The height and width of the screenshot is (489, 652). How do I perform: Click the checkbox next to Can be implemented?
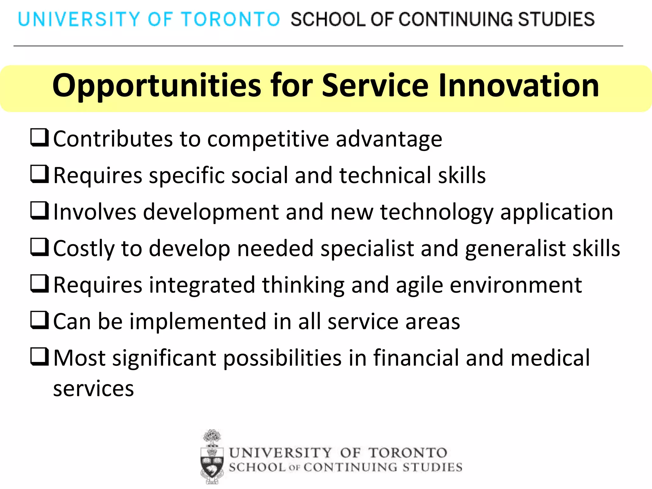(x=40, y=320)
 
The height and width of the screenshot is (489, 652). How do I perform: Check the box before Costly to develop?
(x=40, y=247)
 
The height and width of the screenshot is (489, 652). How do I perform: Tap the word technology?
(x=436, y=212)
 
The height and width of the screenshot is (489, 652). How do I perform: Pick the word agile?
(x=419, y=285)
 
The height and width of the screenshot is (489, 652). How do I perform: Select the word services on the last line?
(x=94, y=389)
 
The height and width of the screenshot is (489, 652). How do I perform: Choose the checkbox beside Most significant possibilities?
(x=40, y=357)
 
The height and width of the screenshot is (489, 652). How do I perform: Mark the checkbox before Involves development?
(x=40, y=210)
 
